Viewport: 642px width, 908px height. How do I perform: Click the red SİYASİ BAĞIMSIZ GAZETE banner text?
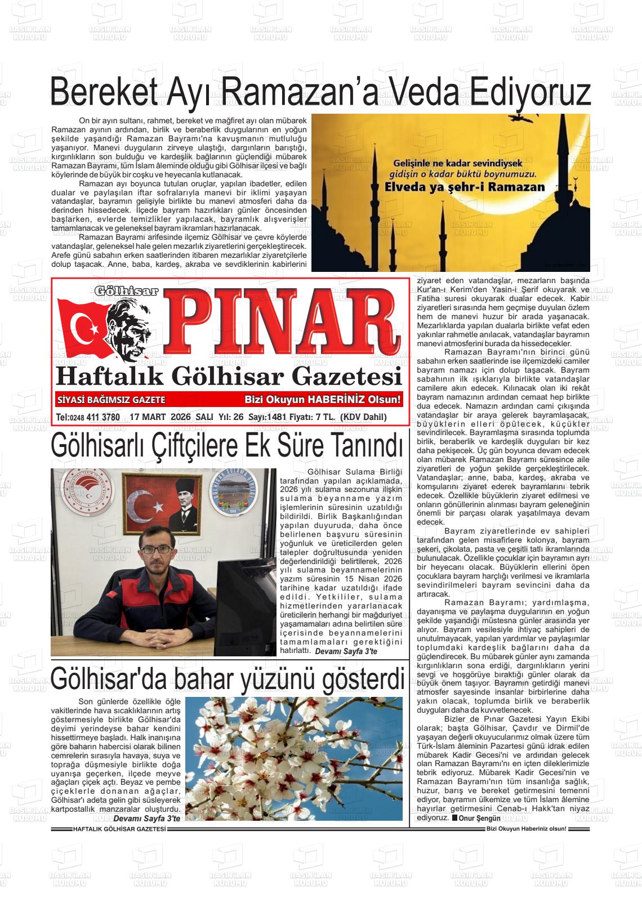[x=111, y=400]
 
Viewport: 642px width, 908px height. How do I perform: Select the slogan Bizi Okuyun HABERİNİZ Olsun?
[x=323, y=400]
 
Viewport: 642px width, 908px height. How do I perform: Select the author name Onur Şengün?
[x=479, y=818]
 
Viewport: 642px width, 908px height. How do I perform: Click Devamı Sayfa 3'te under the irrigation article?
[x=346, y=651]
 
